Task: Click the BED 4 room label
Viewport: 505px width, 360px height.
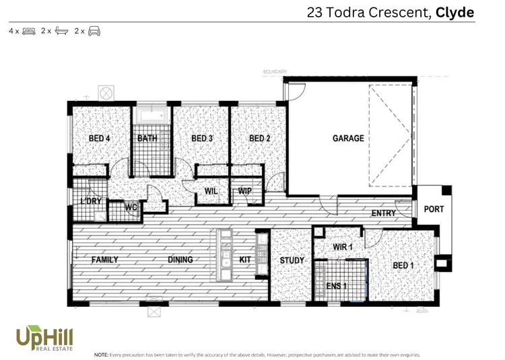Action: (x=99, y=139)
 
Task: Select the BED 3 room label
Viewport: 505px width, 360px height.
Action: (x=202, y=139)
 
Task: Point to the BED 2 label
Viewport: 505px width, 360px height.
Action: (x=259, y=139)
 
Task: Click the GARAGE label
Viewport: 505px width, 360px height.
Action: (x=348, y=139)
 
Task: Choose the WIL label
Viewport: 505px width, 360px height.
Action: (x=211, y=191)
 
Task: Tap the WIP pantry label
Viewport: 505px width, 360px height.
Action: (x=245, y=191)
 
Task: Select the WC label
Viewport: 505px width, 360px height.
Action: (x=131, y=207)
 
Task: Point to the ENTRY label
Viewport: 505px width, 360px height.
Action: (x=383, y=213)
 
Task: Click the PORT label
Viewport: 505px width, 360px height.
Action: (x=434, y=209)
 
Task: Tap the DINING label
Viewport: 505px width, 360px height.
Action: (x=180, y=260)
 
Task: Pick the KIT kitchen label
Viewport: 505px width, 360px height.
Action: (x=245, y=260)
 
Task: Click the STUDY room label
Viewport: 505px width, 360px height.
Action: (x=292, y=260)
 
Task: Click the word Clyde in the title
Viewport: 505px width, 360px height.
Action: (x=454, y=12)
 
